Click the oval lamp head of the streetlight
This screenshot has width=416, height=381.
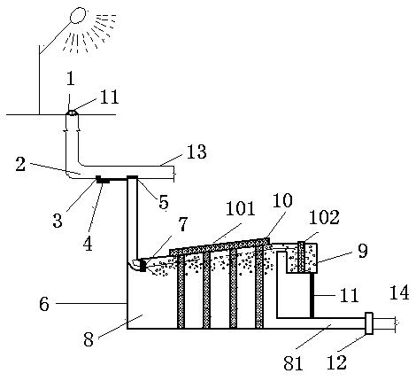click(x=78, y=15)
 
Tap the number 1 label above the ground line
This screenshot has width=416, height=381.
click(x=71, y=79)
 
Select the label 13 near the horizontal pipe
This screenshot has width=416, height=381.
click(x=196, y=152)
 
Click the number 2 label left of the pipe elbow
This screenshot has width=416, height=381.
click(x=20, y=164)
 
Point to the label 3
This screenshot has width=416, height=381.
click(x=58, y=221)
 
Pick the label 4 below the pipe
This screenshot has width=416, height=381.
click(x=89, y=245)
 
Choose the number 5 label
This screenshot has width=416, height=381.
click(x=164, y=202)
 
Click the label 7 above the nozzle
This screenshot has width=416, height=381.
click(x=183, y=224)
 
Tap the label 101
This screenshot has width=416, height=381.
click(x=240, y=208)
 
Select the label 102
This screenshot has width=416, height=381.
click(x=324, y=217)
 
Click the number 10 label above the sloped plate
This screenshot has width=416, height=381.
click(x=282, y=200)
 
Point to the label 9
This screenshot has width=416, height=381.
click(x=362, y=251)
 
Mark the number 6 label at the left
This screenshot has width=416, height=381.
click(x=44, y=304)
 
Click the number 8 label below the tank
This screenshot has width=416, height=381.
click(x=89, y=340)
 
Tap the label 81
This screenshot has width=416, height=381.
click(x=293, y=363)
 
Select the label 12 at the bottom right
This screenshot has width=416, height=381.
click(x=336, y=362)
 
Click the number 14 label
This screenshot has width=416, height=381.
click(x=399, y=292)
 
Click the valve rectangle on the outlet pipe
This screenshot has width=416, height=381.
click(x=369, y=323)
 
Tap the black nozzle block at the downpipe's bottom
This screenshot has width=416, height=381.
click(x=143, y=265)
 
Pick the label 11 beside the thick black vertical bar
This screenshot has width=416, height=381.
click(x=349, y=295)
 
